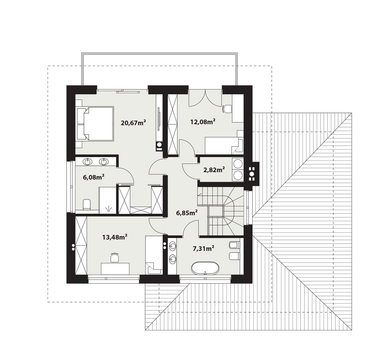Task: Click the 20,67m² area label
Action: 133,122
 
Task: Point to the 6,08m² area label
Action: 93,177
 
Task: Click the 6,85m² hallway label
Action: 187,212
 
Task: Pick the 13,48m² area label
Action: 115,237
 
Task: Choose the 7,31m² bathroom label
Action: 203,248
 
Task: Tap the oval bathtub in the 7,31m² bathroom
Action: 205,268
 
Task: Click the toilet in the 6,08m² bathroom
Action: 87,204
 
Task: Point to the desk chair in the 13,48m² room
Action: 114,258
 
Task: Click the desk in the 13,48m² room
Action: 115,268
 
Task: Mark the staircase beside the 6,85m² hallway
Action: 221,211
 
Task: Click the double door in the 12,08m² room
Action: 205,98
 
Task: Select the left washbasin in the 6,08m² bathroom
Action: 88,162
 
